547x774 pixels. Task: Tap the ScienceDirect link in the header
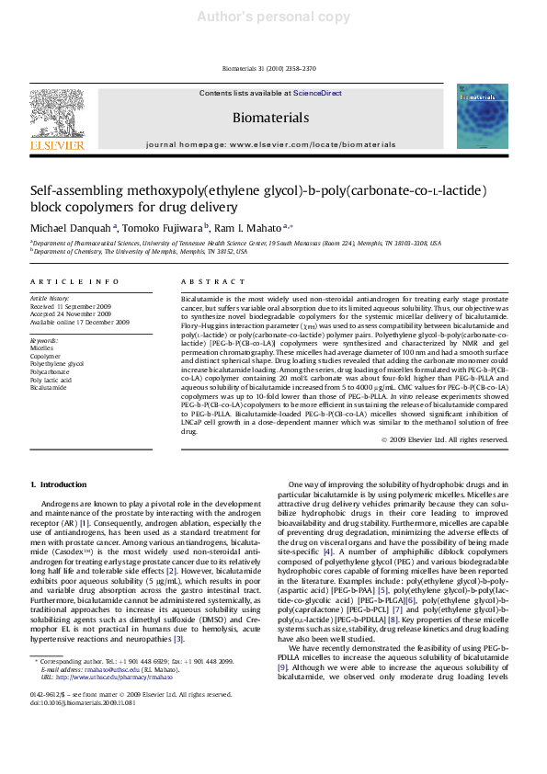tap(317, 94)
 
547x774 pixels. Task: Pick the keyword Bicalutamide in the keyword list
tap(49, 387)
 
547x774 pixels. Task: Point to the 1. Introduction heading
tap(58, 484)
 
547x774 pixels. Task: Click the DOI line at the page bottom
tap(83, 703)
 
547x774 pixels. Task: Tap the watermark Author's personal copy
tap(273, 17)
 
